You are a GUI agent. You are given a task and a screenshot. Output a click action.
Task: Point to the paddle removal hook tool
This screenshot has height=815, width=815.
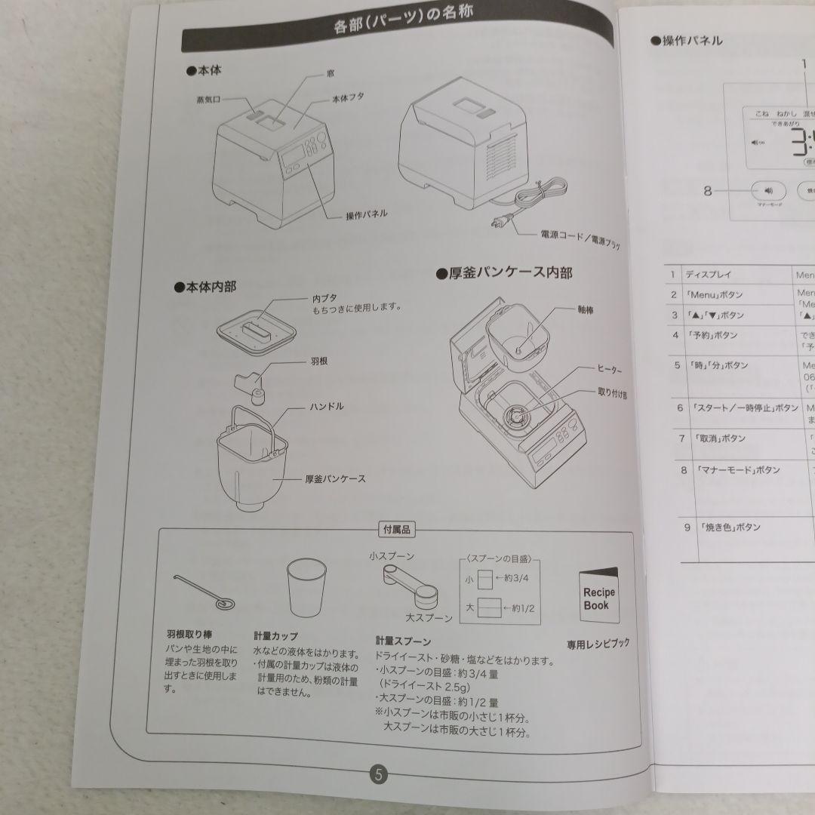[x=205, y=592]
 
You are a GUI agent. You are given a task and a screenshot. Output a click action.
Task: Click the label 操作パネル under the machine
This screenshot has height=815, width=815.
[x=367, y=214]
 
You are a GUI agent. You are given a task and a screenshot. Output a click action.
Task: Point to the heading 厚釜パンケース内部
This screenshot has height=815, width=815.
[x=504, y=272]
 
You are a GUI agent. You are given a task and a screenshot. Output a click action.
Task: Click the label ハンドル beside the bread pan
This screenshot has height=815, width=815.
[x=326, y=406]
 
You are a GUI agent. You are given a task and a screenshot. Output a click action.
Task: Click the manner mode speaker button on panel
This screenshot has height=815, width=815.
[x=768, y=191]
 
